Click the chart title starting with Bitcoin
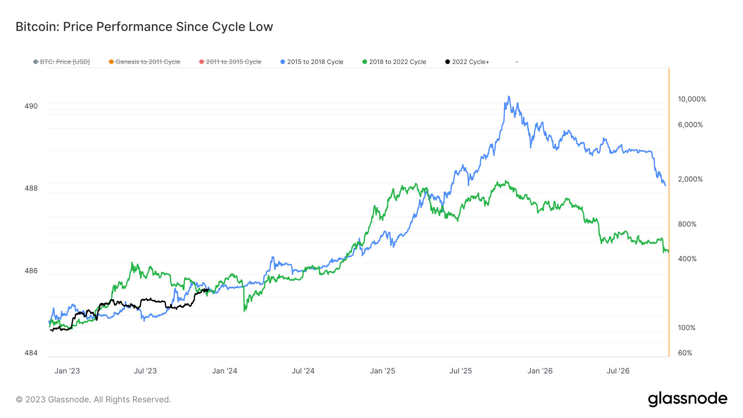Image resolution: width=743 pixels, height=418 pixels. (x=144, y=27)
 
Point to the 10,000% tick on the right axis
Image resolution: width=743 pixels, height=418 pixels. (x=692, y=99)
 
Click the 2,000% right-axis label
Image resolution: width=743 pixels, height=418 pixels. (x=690, y=179)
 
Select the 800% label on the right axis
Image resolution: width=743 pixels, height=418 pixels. (x=687, y=224)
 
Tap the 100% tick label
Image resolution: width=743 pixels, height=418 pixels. (x=686, y=328)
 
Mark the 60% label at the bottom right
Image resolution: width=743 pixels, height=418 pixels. (x=685, y=353)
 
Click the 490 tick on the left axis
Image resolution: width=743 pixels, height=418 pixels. (x=31, y=106)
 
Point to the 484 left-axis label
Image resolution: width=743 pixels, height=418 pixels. (x=31, y=353)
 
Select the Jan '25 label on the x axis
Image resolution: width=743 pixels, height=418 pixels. (x=382, y=371)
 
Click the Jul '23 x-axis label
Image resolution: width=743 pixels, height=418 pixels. (x=145, y=371)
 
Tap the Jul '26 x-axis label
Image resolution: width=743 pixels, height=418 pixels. (x=618, y=371)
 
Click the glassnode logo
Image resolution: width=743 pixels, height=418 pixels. (x=687, y=399)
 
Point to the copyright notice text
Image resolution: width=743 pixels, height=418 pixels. (x=93, y=399)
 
